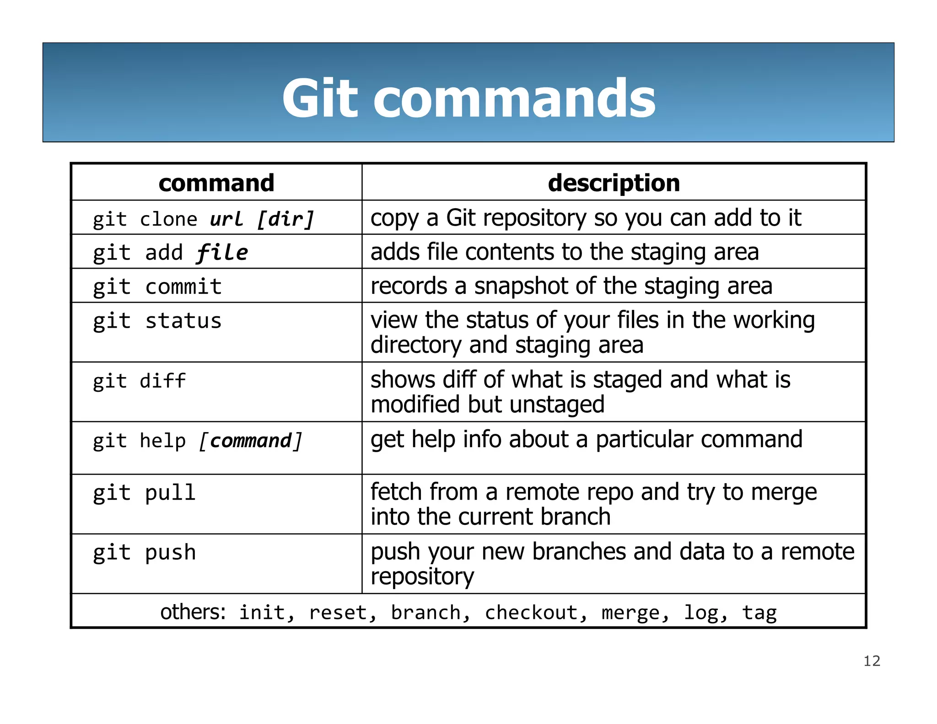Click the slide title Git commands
point(468,98)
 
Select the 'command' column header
point(216,183)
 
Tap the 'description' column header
point(614,183)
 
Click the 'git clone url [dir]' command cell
point(204,219)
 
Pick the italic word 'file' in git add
point(222,253)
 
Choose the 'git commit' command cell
point(157,287)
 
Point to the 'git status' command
point(157,321)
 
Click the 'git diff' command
point(140,381)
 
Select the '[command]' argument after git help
point(251,441)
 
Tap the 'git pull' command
point(145,493)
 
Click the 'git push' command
point(145,552)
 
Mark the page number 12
point(872,661)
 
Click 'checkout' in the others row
point(531,612)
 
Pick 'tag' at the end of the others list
point(759,613)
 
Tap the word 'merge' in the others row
point(631,613)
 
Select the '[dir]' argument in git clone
point(285,219)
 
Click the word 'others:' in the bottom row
point(193,612)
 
